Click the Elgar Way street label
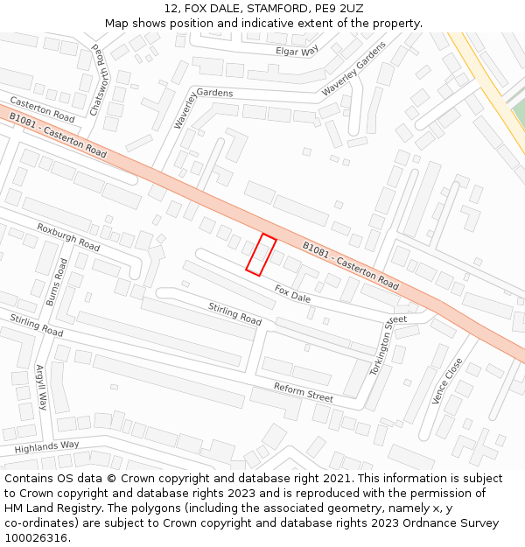pyautogui.click(x=297, y=52)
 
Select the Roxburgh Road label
pyautogui.click(x=68, y=236)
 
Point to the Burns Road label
pyautogui.click(x=56, y=282)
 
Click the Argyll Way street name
pyautogui.click(x=40, y=388)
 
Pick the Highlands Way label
pyautogui.click(x=46, y=447)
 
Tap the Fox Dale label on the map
pyautogui.click(x=292, y=293)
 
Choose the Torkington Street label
pyautogui.click(x=383, y=346)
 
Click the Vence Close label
pyautogui.click(x=446, y=381)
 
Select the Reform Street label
pyautogui.click(x=303, y=392)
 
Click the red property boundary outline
pyautogui.click(x=261, y=255)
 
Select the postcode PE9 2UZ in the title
pyautogui.click(x=336, y=9)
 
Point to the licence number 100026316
pyautogui.click(x=37, y=538)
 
